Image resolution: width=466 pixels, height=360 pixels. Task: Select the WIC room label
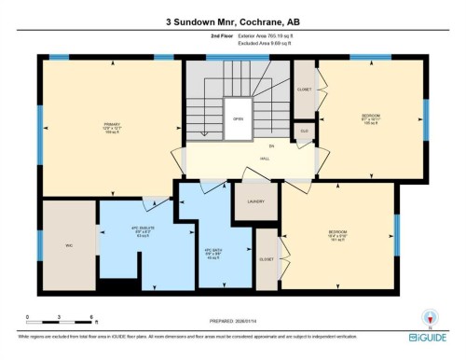[68, 246]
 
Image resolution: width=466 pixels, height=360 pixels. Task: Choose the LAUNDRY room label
[256, 201]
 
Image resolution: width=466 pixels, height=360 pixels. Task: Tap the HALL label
[265, 159]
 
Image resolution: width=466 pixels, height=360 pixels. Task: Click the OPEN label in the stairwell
[238, 119]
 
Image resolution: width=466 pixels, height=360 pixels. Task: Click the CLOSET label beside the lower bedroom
[266, 258]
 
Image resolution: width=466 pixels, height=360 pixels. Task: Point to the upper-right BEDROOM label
[371, 116]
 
